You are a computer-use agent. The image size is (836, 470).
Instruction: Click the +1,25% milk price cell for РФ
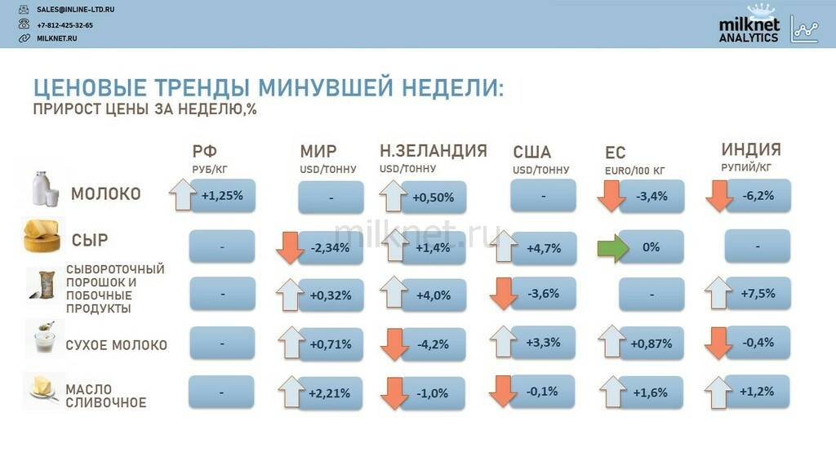pyautogui.click(x=222, y=196)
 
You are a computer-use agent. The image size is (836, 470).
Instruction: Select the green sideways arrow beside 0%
pyautogui.click(x=613, y=248)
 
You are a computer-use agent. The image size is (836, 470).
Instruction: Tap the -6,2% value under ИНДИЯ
pyautogui.click(x=758, y=196)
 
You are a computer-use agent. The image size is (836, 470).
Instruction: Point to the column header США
pyautogui.click(x=531, y=152)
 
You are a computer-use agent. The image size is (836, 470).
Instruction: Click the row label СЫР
pyautogui.click(x=90, y=241)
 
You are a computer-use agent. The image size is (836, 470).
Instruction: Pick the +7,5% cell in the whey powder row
pyautogui.click(x=758, y=293)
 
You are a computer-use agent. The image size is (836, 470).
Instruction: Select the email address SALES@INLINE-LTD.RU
pyautogui.click(x=75, y=10)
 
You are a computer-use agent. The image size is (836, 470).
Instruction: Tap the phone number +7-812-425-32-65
pyautogui.click(x=64, y=25)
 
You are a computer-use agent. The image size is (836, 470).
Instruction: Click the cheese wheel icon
pyautogui.click(x=42, y=235)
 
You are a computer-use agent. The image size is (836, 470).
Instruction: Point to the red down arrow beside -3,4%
pyautogui.click(x=611, y=196)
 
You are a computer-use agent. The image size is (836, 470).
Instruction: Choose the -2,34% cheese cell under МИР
pyautogui.click(x=330, y=248)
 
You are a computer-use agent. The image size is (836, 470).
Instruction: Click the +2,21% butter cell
pyautogui.click(x=329, y=393)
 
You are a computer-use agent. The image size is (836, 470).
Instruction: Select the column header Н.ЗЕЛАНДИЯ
pyautogui.click(x=434, y=151)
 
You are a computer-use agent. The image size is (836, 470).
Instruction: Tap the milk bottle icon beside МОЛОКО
pyautogui.click(x=45, y=188)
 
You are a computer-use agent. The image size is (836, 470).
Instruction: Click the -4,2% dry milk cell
pyautogui.click(x=433, y=344)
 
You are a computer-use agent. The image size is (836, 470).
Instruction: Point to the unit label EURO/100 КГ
pyautogui.click(x=634, y=171)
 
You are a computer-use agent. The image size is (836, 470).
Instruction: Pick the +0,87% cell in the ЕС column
pyautogui.click(x=651, y=344)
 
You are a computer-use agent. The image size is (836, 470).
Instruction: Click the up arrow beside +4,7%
pyautogui.click(x=503, y=246)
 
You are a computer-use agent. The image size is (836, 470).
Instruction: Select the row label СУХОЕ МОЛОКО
pyautogui.click(x=116, y=345)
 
